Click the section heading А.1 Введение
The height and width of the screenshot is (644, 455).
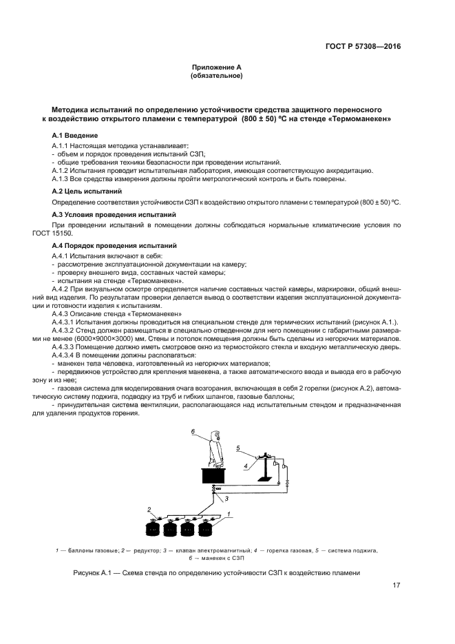pyautogui.click(x=75, y=135)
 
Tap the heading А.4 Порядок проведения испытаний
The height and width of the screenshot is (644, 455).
pyautogui.click(x=105, y=246)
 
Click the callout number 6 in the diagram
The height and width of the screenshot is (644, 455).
pyautogui.click(x=193, y=432)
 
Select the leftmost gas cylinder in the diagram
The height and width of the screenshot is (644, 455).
pyautogui.click(x=151, y=531)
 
